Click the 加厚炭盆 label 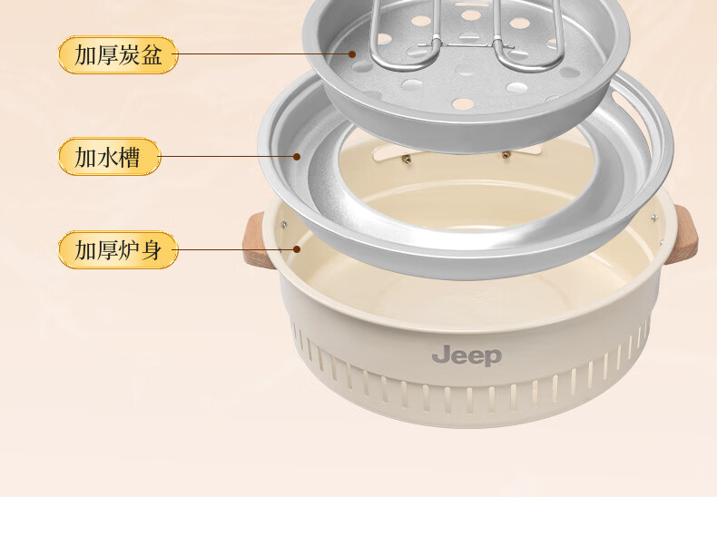(118, 55)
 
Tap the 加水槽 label (109, 157)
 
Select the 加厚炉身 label (118, 249)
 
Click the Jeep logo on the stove (467, 355)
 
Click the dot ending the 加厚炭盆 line (352, 54)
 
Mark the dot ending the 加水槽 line (296, 156)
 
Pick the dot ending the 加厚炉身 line (296, 248)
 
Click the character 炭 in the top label (130, 55)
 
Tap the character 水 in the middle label (109, 157)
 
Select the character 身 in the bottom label (152, 249)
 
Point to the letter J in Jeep (438, 352)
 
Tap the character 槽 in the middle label (131, 157)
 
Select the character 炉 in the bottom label (130, 249)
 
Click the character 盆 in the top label (152, 55)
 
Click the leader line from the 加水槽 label (227, 156)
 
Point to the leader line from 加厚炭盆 (263, 54)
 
